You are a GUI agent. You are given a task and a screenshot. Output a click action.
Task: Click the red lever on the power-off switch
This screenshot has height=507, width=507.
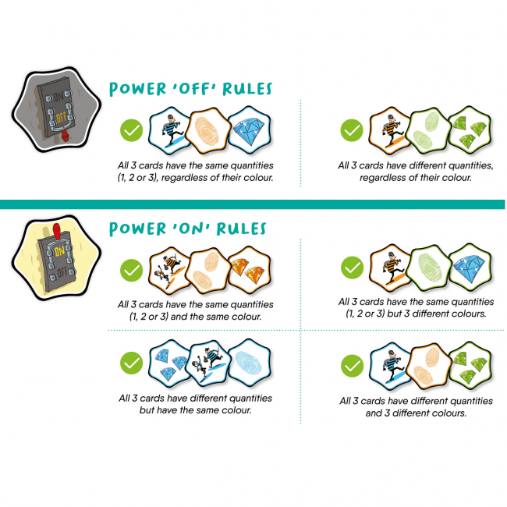coord(66,136)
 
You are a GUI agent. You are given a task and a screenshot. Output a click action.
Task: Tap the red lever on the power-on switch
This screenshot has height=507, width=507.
coord(57,231)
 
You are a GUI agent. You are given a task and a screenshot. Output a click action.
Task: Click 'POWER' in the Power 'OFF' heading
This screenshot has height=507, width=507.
coord(137,89)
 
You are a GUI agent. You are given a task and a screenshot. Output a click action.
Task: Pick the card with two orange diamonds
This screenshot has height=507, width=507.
coord(250,270)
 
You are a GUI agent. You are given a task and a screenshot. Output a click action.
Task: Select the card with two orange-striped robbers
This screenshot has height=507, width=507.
coord(169,271)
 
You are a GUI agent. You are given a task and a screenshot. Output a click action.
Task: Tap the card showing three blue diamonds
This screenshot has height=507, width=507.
coord(169,363)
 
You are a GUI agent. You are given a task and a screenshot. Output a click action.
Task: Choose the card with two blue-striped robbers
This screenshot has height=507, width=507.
coord(209,363)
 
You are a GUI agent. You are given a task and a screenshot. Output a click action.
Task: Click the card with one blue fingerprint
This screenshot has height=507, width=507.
coord(250,363)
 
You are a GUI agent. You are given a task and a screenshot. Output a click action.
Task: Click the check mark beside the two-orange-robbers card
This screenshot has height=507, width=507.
coord(131,270)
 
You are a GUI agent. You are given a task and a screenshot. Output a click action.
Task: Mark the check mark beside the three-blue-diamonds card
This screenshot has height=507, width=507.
coord(131,363)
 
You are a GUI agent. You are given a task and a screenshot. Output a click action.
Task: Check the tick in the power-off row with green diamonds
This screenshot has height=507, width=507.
coord(352,130)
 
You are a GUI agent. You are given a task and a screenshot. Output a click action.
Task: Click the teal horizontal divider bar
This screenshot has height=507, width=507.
coord(252,204)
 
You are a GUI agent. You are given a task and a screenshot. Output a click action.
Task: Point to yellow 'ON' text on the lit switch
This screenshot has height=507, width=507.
coord(59,251)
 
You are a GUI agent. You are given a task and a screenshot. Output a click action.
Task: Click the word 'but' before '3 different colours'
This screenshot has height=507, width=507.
coord(394,314)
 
